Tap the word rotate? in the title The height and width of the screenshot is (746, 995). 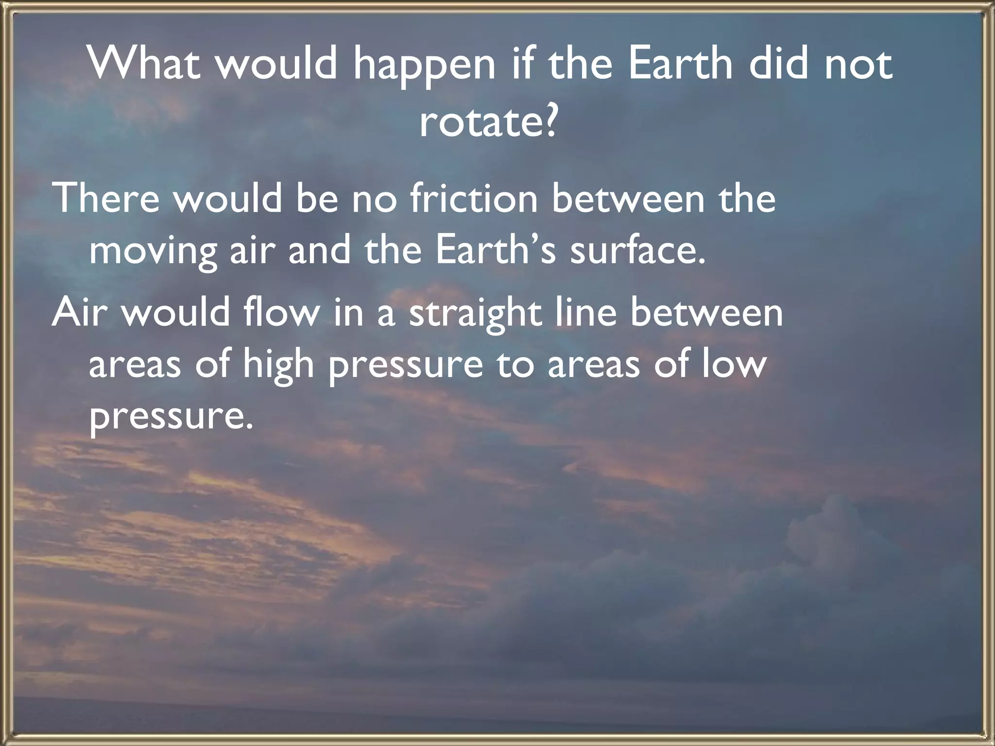click(487, 122)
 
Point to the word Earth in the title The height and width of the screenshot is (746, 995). click(679, 65)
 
